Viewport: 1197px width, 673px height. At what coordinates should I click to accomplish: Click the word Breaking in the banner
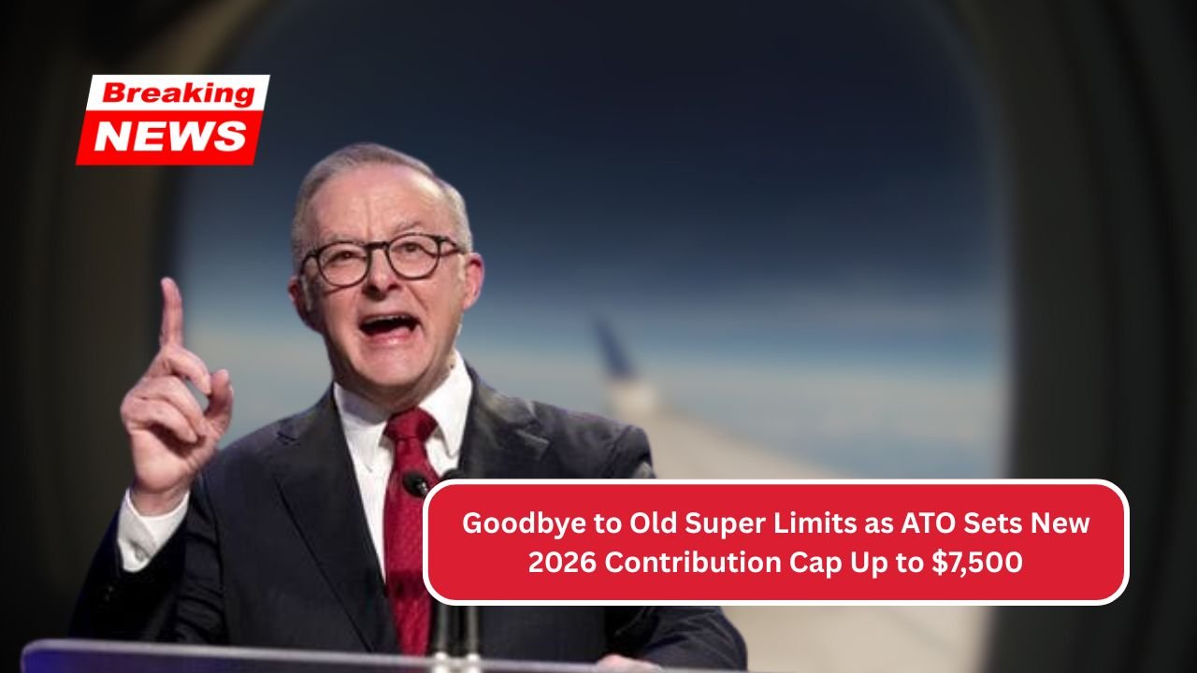click(179, 93)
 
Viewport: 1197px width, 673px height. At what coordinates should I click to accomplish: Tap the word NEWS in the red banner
click(170, 136)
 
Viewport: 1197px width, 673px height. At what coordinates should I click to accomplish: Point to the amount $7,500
click(977, 563)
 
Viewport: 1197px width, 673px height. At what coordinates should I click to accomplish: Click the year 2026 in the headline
click(562, 563)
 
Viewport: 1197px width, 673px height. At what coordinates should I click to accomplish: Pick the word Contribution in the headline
click(693, 563)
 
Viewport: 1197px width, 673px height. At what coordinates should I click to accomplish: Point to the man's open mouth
click(388, 324)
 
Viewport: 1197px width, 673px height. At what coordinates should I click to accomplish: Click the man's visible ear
click(470, 283)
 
